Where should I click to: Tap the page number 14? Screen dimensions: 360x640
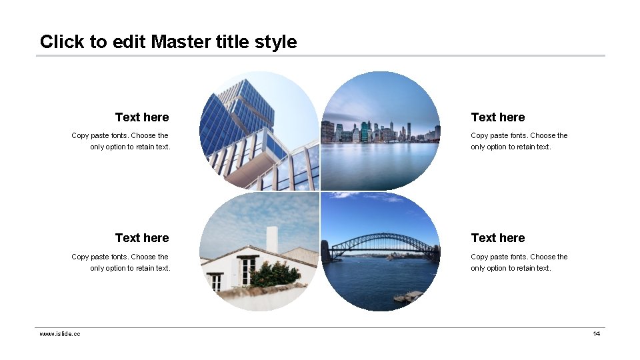click(597, 334)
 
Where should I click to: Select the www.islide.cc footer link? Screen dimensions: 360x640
click(60, 334)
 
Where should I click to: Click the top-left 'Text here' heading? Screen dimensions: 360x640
click(142, 117)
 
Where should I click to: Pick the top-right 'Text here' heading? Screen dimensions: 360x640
click(497, 117)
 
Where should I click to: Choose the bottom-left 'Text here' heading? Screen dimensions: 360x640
click(142, 238)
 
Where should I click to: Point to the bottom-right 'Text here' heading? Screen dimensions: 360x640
click(497, 238)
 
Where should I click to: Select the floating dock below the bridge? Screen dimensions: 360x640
click(407, 296)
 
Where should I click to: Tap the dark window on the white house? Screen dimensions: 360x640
click(247, 270)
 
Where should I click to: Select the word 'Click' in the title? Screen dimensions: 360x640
click(62, 41)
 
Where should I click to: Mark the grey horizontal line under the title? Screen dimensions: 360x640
click(320, 55)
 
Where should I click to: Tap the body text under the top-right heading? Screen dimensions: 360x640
click(519, 141)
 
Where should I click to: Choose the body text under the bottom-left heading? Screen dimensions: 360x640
click(121, 262)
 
